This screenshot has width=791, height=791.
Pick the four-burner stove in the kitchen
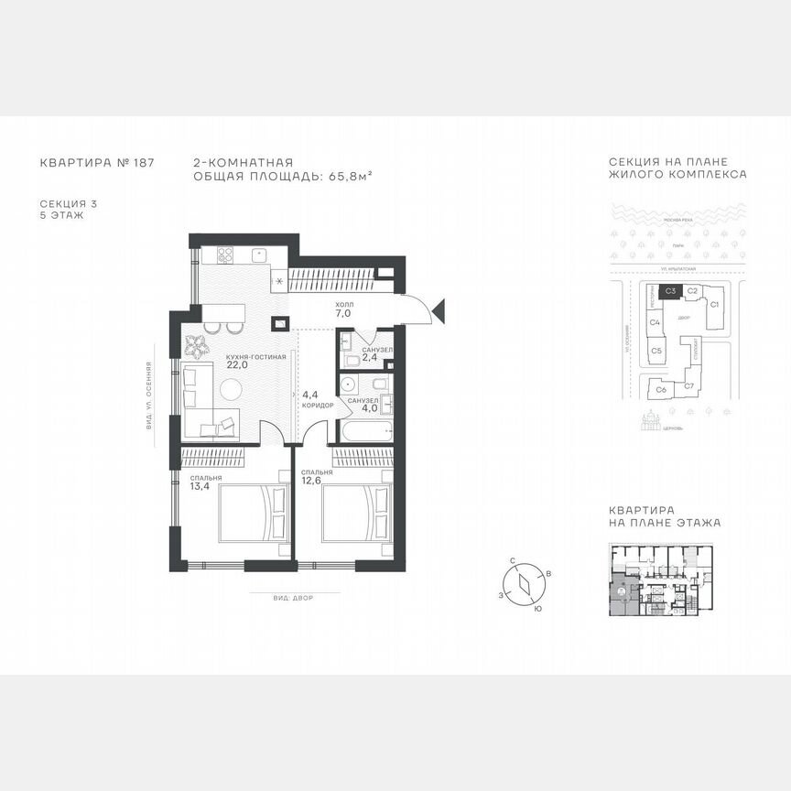pos(223,255)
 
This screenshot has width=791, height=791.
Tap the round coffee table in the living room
pos(229,389)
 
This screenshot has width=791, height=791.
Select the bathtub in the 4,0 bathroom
pos(365,430)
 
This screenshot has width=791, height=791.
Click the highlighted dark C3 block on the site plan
pos(670,292)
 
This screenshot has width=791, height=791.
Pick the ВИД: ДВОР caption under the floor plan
pos(293,597)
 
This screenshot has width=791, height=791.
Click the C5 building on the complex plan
pos(656,349)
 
